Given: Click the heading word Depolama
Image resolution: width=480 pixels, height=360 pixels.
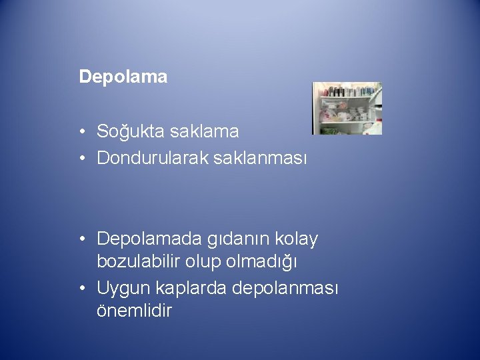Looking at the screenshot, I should pos(123,77).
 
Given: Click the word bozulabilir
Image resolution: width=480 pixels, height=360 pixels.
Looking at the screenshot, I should pos(135,263).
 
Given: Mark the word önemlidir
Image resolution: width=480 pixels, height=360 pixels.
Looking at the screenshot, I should pos(134,311).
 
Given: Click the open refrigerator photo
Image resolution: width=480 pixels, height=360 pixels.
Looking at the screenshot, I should pos(347,108).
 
